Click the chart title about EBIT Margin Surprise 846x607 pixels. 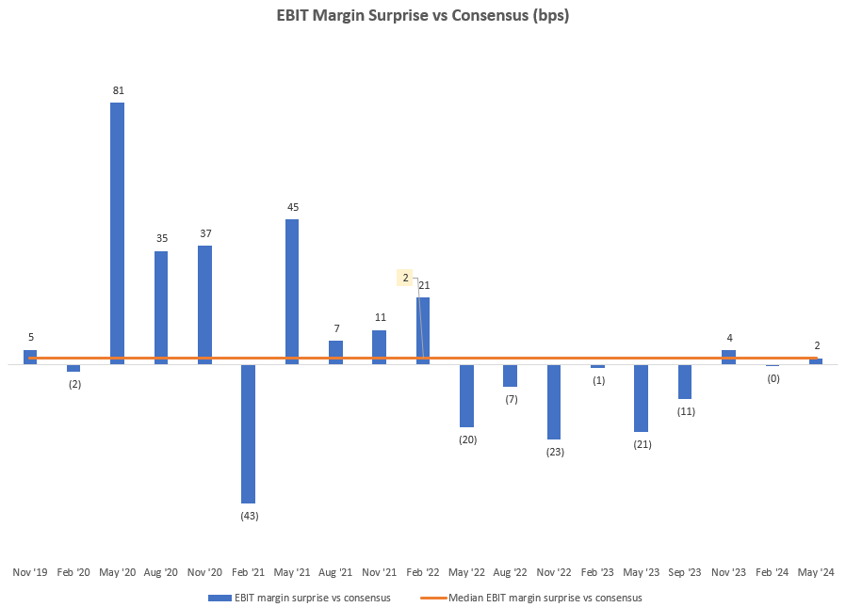422,16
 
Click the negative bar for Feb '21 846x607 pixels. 249,433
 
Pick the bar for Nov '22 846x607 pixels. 554,401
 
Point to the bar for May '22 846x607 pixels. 466,395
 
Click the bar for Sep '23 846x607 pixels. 685,381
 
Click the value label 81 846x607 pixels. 118,90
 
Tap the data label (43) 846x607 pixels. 249,516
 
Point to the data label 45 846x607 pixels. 292,207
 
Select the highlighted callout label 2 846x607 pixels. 405,278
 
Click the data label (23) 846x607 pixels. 554,452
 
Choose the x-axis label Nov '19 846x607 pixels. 30,572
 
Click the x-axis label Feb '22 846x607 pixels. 423,572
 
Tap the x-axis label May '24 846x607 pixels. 816,572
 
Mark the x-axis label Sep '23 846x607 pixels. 685,572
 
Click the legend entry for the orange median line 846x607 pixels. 545,598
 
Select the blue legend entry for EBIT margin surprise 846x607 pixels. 310,598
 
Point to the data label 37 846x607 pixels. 204,233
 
